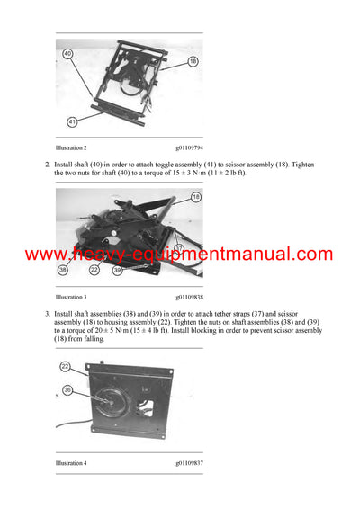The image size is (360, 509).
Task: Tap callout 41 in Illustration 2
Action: pyautogui.click(x=70, y=120)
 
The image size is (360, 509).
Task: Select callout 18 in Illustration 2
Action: pyautogui.click(x=192, y=60)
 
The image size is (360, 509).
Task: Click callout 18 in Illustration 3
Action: pyautogui.click(x=195, y=196)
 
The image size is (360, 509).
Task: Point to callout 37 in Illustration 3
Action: pyautogui.click(x=180, y=247)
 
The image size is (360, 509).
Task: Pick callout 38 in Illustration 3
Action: pyautogui.click(x=64, y=269)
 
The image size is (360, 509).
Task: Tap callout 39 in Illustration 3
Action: pyautogui.click(x=117, y=269)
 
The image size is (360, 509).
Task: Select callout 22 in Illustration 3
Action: pyautogui.click(x=94, y=269)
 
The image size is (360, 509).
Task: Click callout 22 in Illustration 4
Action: pyautogui.click(x=66, y=365)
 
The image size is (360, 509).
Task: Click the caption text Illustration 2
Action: pyautogui.click(x=71, y=147)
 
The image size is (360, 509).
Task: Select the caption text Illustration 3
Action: pyautogui.click(x=71, y=296)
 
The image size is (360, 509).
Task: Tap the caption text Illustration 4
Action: pyautogui.click(x=71, y=462)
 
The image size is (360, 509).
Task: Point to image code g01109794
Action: pyautogui.click(x=190, y=147)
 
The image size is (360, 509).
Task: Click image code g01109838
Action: pyautogui.click(x=190, y=296)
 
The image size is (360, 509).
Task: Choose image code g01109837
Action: pyautogui.click(x=190, y=462)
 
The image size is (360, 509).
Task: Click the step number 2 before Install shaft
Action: pyautogui.click(x=47, y=165)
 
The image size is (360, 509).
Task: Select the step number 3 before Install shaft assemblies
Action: pyautogui.click(x=47, y=313)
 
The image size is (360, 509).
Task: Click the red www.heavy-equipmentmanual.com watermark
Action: pyautogui.click(x=179, y=254)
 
